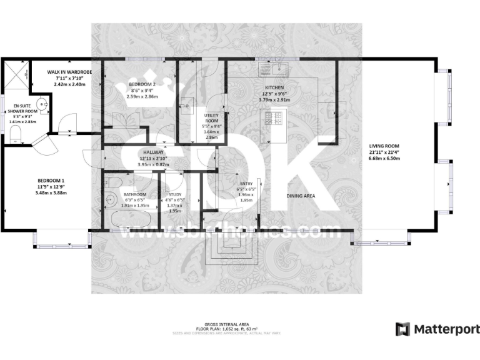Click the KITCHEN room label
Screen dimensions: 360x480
coord(275,87)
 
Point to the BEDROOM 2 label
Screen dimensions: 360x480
coord(142,84)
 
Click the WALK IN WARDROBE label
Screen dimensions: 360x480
coord(69,72)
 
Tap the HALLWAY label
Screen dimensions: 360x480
coord(153,152)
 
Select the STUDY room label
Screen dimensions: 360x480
coord(174,194)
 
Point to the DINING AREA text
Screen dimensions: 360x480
coord(301,196)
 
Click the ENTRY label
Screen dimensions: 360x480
coord(245,182)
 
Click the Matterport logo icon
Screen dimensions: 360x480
coord(403,329)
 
